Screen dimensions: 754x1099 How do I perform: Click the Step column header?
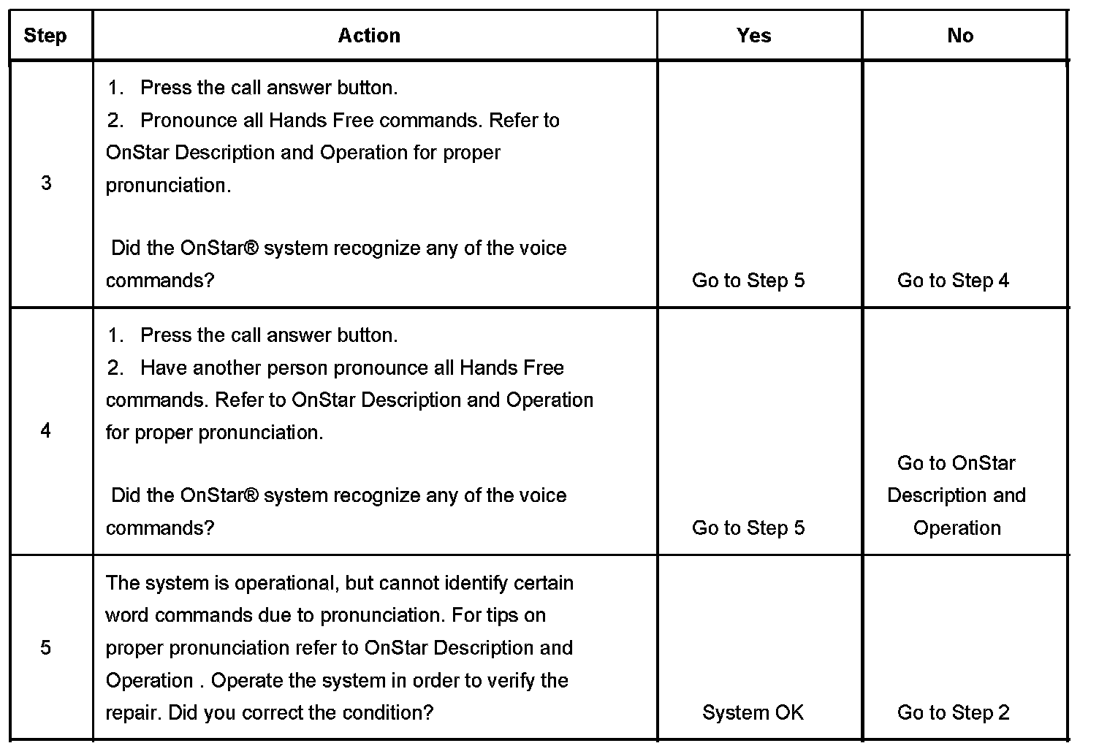pos(45,36)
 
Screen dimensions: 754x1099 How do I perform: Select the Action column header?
pos(369,36)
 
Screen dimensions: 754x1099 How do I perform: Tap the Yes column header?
pos(753,36)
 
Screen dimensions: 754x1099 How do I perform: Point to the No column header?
pos(959,36)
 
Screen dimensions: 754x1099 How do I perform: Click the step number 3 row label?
pos(46,183)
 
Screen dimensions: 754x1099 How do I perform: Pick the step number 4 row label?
pos(46,430)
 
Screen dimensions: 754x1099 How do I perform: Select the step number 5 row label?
pos(46,647)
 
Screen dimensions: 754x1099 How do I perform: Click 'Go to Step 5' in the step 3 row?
pos(748,281)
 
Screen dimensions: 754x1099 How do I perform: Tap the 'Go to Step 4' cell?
pos(953,281)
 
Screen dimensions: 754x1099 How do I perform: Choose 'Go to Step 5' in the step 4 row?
pos(748,528)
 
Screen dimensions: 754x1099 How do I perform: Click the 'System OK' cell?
pos(753,712)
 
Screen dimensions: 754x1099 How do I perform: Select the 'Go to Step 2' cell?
pos(953,712)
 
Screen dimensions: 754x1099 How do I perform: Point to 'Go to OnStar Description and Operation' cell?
pos(957,495)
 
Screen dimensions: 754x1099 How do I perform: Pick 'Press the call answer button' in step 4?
pos(268,335)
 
